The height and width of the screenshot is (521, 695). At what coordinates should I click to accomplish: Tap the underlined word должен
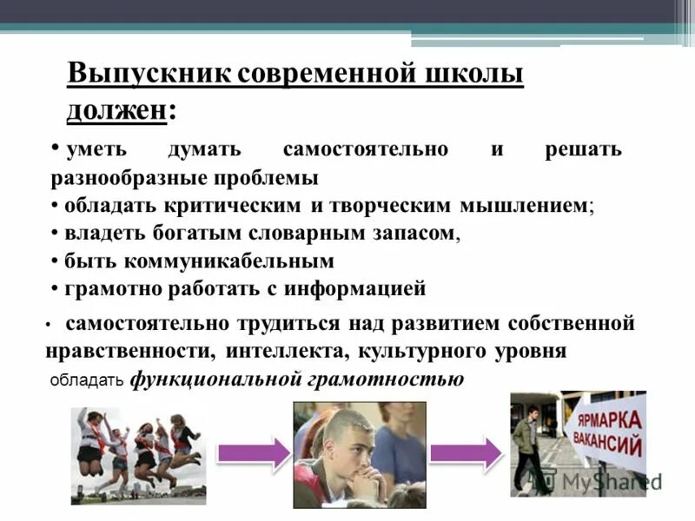click(116, 109)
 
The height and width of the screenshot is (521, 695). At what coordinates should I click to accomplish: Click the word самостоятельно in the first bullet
click(366, 148)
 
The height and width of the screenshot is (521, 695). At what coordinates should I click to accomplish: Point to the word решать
click(583, 148)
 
